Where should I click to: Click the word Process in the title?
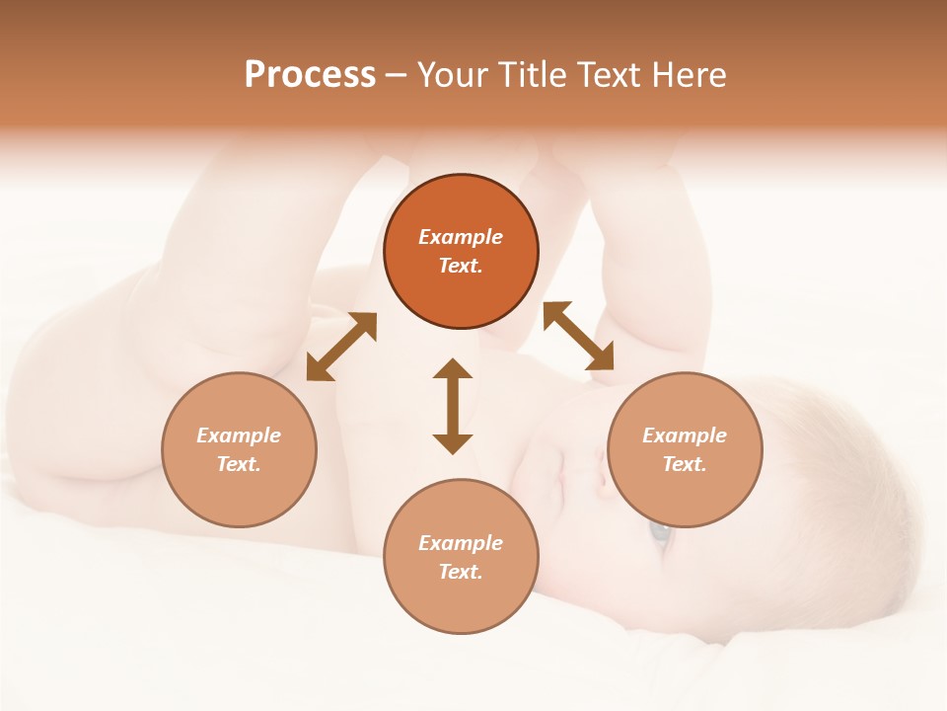pyautogui.click(x=310, y=75)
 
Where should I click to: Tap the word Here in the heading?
pyautogui.click(x=687, y=75)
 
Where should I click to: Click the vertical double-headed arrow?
pyautogui.click(x=453, y=406)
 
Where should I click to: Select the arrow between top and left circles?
pyautogui.click(x=341, y=347)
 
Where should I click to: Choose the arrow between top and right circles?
pyautogui.click(x=578, y=336)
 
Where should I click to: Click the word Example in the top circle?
pyautogui.click(x=461, y=237)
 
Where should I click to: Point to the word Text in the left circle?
pyautogui.click(x=239, y=464)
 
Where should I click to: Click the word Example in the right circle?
pyautogui.click(x=685, y=435)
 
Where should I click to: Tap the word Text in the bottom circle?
pyautogui.click(x=461, y=572)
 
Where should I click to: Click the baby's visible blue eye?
pyautogui.click(x=659, y=534)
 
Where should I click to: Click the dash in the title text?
pyautogui.click(x=396, y=75)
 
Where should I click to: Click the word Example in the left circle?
pyautogui.click(x=239, y=435)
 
